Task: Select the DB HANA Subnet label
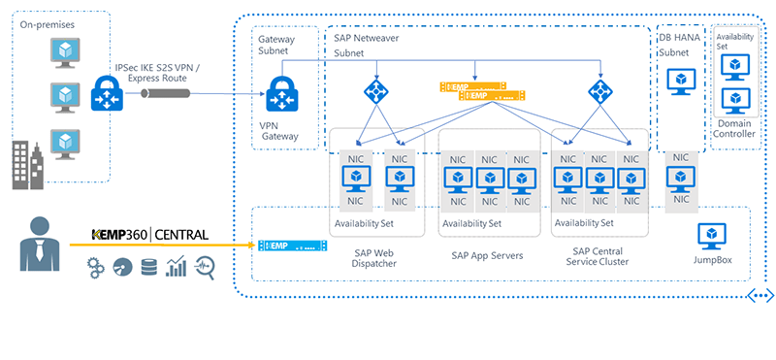click(x=679, y=45)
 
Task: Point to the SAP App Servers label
click(x=487, y=255)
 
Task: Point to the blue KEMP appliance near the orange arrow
click(x=292, y=245)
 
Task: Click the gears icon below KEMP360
click(x=96, y=267)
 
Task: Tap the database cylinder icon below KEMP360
click(x=148, y=267)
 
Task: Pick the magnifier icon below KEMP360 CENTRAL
click(x=206, y=267)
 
